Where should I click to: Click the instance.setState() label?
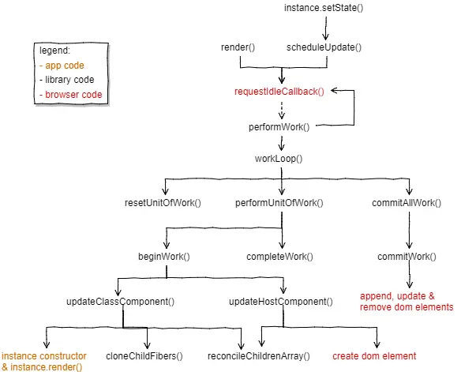pos(324,8)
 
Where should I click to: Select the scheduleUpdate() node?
pos(324,47)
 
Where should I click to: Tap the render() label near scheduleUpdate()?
pos(238,47)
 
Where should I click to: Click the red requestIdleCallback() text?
pos(279,92)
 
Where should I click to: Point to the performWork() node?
pos(279,127)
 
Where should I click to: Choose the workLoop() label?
pos(279,159)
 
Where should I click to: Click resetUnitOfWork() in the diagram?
pos(163,203)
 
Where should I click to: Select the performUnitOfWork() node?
pos(279,203)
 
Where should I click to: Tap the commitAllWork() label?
pos(407,203)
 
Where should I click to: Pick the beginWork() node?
pos(164,257)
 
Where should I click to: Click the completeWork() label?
pos(279,257)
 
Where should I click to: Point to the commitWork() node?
pos(407,257)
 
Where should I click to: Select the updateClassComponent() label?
pos(121,302)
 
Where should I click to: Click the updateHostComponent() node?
pos(281,302)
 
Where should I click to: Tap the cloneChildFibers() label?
pos(144,356)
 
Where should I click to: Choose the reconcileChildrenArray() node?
pos(259,356)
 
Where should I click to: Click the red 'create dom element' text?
pos(374,356)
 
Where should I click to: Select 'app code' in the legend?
pos(65,66)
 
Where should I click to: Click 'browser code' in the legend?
pos(73,95)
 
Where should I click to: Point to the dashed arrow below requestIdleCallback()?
pos(282,111)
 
